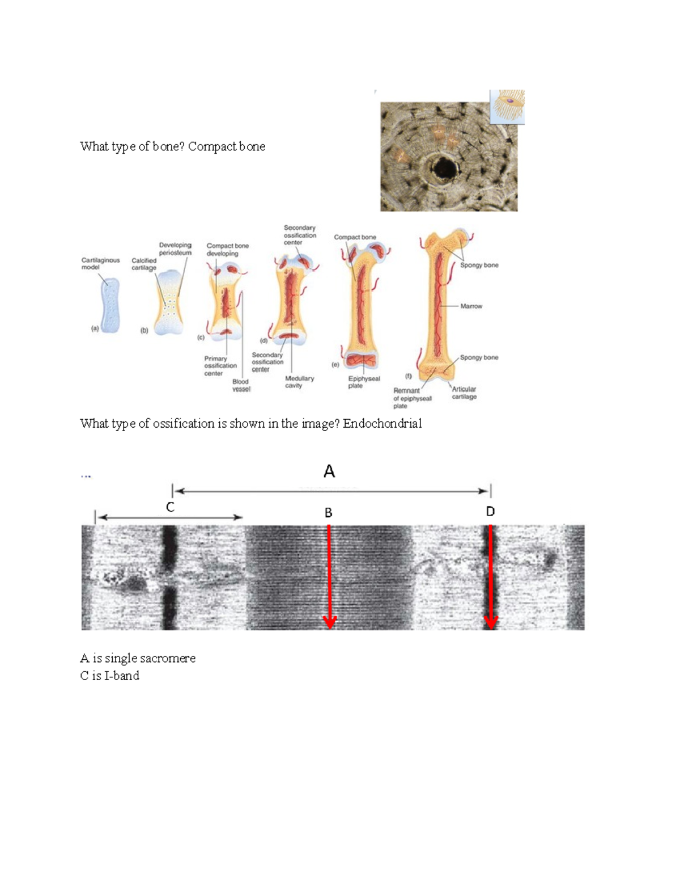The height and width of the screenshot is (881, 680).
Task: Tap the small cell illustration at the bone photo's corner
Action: pyautogui.click(x=508, y=106)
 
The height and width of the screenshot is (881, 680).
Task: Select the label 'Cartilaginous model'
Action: pyautogui.click(x=100, y=263)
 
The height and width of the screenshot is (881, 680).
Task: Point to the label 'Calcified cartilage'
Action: pyautogui.click(x=144, y=264)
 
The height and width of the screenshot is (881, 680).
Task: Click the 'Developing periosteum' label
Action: pyautogui.click(x=175, y=248)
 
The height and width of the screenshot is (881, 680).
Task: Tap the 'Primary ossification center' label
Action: pyautogui.click(x=220, y=366)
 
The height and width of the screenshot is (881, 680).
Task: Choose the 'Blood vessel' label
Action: pyautogui.click(x=241, y=385)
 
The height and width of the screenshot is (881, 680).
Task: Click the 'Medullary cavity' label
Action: pyautogui.click(x=299, y=382)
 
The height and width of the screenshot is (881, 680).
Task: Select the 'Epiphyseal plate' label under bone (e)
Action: pyautogui.click(x=364, y=382)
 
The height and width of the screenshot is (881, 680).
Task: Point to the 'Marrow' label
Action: pyautogui.click(x=471, y=306)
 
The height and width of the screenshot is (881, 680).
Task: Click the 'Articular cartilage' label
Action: pyautogui.click(x=464, y=393)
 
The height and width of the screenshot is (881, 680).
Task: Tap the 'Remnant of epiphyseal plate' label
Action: pyautogui.click(x=412, y=398)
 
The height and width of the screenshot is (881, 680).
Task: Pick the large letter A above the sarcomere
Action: pyautogui.click(x=329, y=471)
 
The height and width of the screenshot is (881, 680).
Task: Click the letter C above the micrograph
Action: pyautogui.click(x=170, y=507)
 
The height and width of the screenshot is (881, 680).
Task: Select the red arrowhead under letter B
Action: pyautogui.click(x=329, y=622)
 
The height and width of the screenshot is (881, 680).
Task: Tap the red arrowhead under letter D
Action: pyautogui.click(x=491, y=622)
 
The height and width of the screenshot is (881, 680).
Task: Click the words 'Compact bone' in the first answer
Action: pyautogui.click(x=226, y=146)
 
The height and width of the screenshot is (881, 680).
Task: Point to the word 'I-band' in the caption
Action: pyautogui.click(x=122, y=676)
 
